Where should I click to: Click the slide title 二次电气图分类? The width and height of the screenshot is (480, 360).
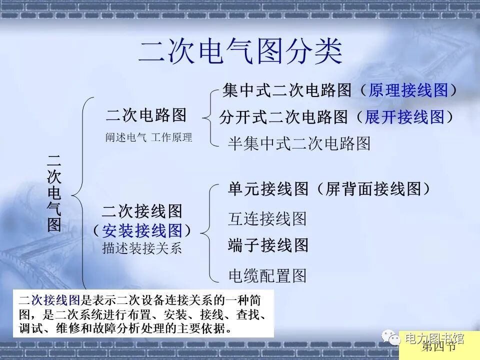pyautogui.click(x=240, y=51)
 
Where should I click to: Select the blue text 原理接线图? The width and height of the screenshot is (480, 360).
pyautogui.click(x=408, y=90)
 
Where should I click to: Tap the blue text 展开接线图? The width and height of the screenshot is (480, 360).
pyautogui.click(x=404, y=117)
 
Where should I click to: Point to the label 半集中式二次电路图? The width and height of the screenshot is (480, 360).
pyautogui.click(x=299, y=144)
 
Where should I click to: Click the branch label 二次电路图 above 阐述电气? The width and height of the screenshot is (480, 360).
pyautogui.click(x=146, y=115)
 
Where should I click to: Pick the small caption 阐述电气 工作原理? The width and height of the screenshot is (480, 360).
pyautogui.click(x=148, y=137)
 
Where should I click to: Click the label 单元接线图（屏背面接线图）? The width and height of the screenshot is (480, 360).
pyautogui.click(x=329, y=189)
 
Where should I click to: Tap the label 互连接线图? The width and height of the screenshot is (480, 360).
pyautogui.click(x=267, y=218)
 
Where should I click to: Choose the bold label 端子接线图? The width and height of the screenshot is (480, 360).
pyautogui.click(x=268, y=245)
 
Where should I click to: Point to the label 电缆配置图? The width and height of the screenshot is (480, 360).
pyautogui.click(x=267, y=275)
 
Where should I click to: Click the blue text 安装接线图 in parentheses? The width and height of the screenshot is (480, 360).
pyautogui.click(x=142, y=230)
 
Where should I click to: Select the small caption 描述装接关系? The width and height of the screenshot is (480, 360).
pyautogui.click(x=142, y=248)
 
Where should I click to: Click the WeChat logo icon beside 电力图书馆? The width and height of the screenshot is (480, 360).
pyautogui.click(x=391, y=338)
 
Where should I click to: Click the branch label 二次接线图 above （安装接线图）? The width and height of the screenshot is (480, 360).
pyautogui.click(x=142, y=211)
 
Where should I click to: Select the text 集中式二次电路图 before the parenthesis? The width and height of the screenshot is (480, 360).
pyautogui.click(x=287, y=90)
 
